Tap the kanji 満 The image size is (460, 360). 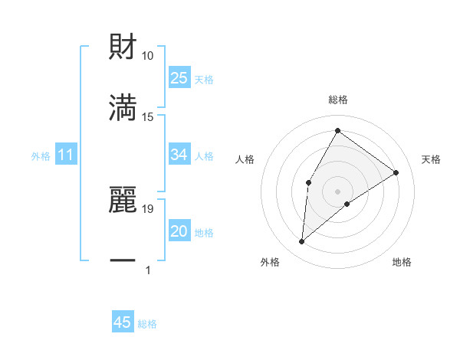click(x=123, y=106)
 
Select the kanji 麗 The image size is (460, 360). click(x=123, y=198)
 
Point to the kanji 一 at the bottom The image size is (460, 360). click(x=123, y=260)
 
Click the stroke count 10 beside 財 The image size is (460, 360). click(x=148, y=56)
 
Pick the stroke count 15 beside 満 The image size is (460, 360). click(x=148, y=116)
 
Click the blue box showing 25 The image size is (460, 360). click(x=179, y=78)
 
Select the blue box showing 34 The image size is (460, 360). click(x=179, y=155)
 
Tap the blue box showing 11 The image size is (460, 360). click(x=66, y=155)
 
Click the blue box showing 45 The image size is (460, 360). click(x=123, y=322)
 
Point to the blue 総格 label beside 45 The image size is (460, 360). click(x=147, y=324)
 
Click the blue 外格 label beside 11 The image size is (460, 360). click(x=41, y=156)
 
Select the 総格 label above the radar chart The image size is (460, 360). click(x=337, y=100)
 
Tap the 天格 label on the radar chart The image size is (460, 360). click(x=431, y=159)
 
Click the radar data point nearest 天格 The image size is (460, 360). click(x=396, y=172)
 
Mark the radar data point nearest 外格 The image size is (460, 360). click(x=302, y=242)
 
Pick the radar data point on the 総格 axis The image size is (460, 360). click(x=337, y=130)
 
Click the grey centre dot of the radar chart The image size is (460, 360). click(x=337, y=191)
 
